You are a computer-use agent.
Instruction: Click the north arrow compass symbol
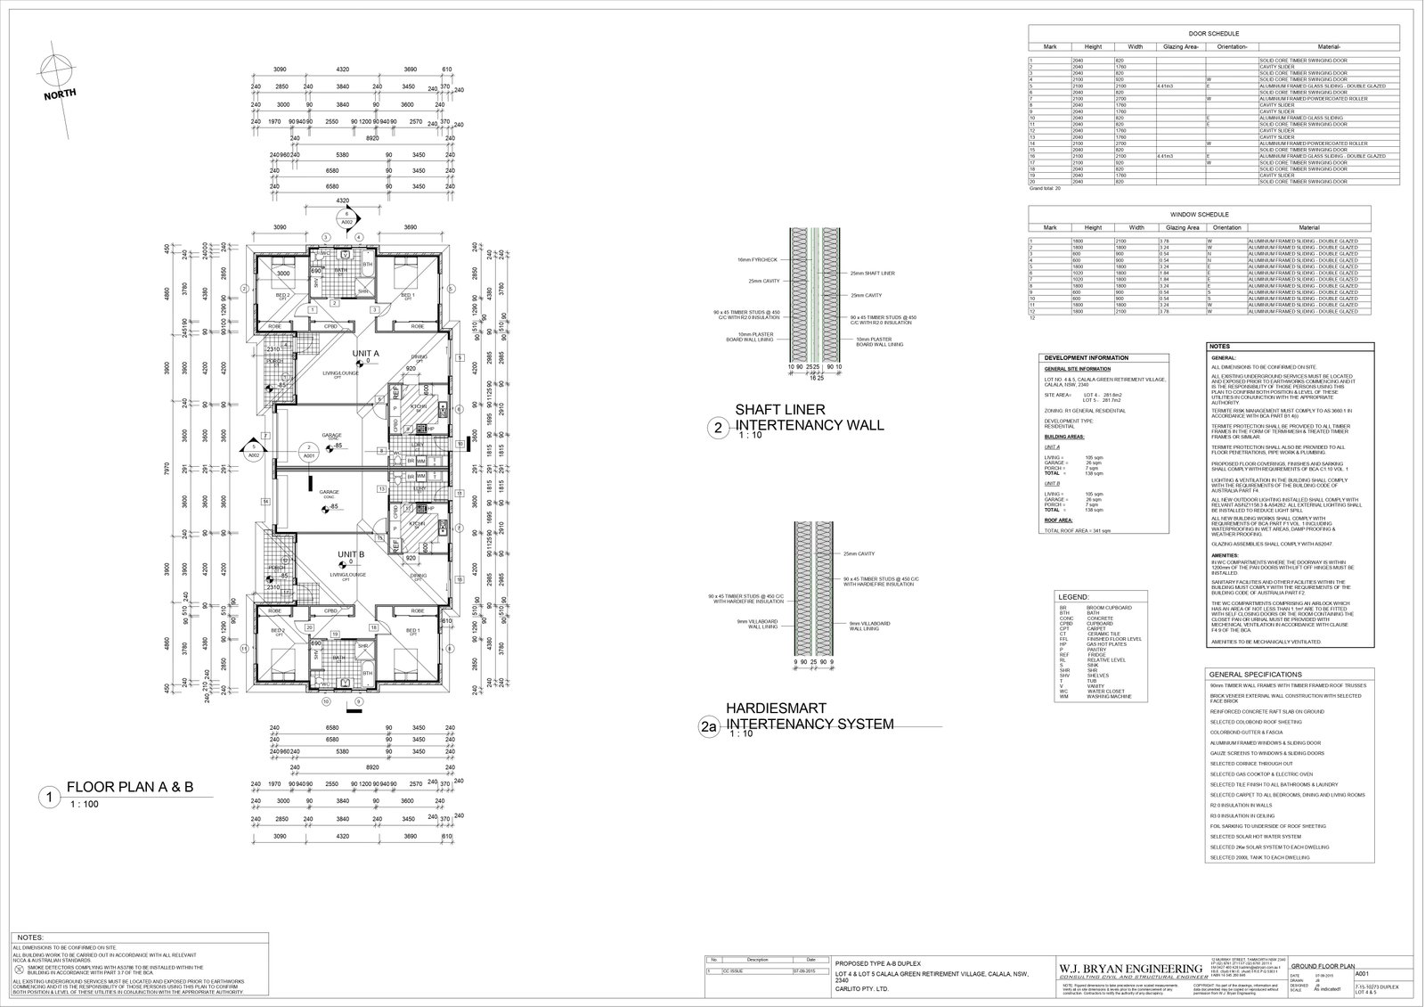(x=56, y=70)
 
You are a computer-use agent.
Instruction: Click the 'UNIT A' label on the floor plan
(x=365, y=354)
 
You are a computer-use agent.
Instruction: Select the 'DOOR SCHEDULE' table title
(x=1214, y=32)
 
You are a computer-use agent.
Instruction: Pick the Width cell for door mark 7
(x=1135, y=98)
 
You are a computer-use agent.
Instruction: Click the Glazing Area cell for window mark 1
(x=1181, y=241)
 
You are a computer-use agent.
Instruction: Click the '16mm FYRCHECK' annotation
(x=757, y=259)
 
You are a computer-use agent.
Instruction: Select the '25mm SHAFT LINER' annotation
(x=872, y=273)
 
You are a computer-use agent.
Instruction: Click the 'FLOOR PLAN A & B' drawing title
(x=130, y=787)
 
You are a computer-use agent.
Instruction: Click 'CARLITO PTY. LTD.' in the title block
(x=862, y=988)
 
